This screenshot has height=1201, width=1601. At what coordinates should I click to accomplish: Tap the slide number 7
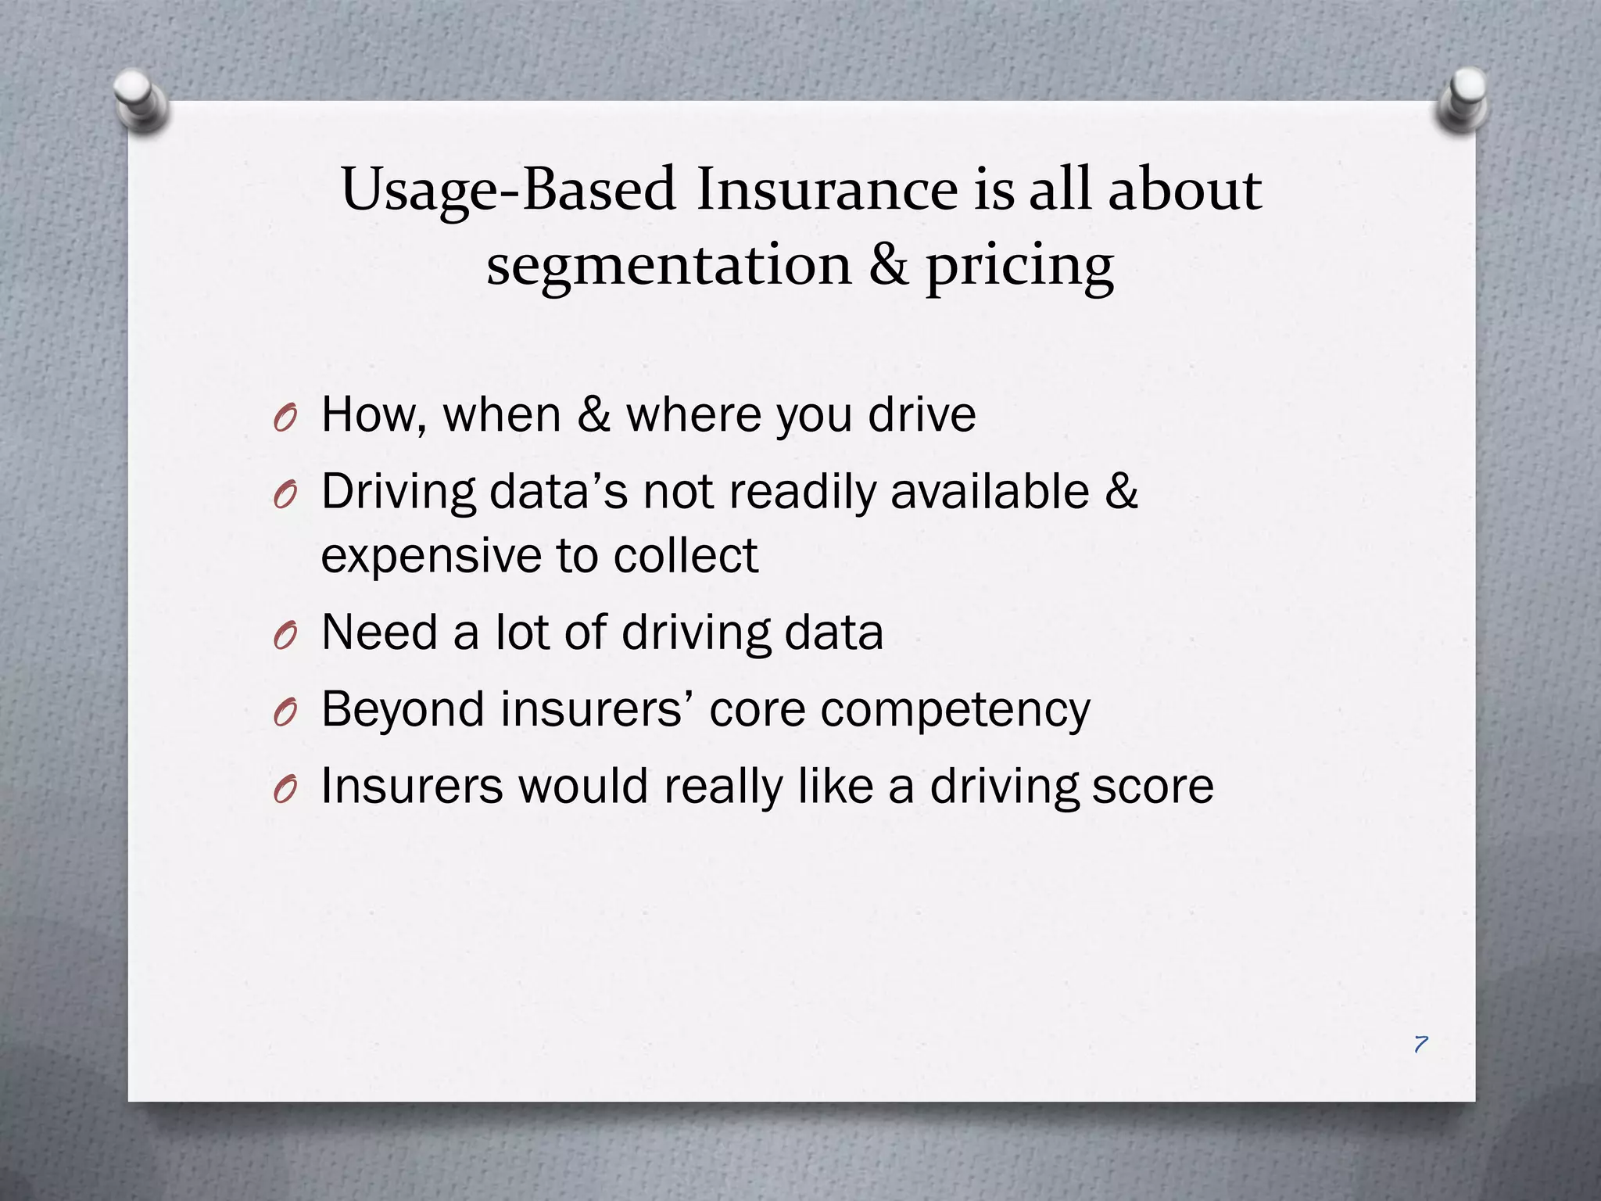point(1420,1044)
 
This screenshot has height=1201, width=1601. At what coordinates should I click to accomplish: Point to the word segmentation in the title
point(668,264)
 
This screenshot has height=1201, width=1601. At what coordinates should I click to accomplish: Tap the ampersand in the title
point(889,264)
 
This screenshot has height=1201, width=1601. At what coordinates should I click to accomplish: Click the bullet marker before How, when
point(286,418)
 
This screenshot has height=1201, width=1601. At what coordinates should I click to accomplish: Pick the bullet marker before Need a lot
point(286,636)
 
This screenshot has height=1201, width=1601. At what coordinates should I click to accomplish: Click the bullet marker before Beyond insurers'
point(286,712)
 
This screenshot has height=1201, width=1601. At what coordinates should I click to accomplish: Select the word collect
point(686,555)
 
